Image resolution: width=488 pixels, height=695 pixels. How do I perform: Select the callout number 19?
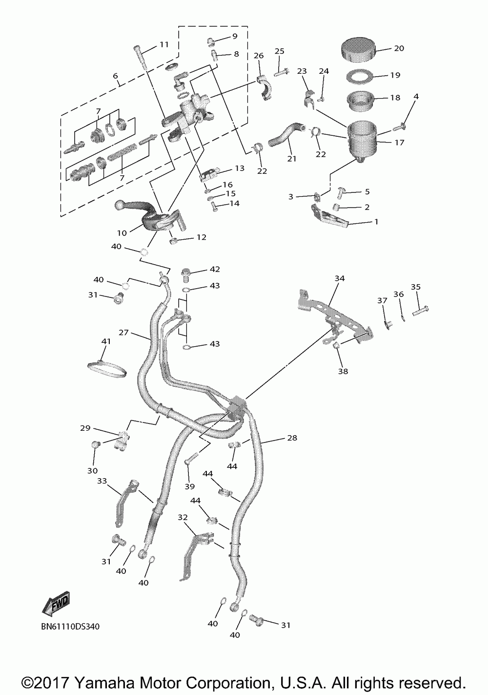pyautogui.click(x=395, y=75)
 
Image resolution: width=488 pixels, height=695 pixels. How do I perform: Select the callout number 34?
pyautogui.click(x=340, y=278)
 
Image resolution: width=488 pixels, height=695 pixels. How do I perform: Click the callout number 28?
pyautogui.click(x=292, y=438)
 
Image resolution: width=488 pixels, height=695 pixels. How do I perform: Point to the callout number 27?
pyautogui.click(x=123, y=333)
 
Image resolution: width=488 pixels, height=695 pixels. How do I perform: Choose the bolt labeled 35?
pyautogui.click(x=420, y=309)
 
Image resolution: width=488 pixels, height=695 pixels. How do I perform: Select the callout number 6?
pyautogui.click(x=115, y=76)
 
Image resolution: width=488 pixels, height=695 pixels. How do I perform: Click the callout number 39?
pyautogui.click(x=189, y=486)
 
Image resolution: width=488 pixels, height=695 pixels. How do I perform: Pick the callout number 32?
pyautogui.click(x=183, y=517)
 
